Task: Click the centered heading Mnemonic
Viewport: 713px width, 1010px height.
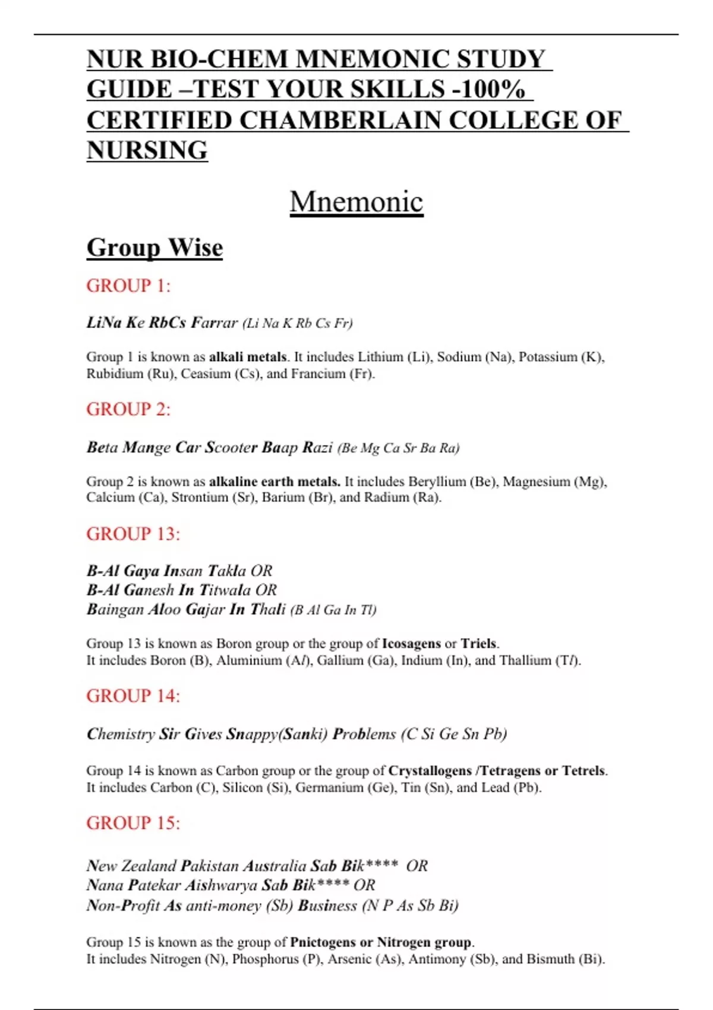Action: [x=356, y=202]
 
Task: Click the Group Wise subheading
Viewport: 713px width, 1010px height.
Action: [x=154, y=248]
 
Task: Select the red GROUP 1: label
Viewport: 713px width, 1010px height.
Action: [x=128, y=286]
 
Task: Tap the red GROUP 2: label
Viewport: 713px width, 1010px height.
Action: [x=128, y=409]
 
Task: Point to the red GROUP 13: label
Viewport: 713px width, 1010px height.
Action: [x=133, y=534]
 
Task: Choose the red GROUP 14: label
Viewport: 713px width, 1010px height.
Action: [x=133, y=696]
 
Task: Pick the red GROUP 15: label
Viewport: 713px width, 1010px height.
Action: [x=133, y=823]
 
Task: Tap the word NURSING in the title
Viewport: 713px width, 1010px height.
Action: [x=147, y=150]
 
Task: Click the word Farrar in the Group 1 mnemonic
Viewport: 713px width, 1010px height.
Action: [x=214, y=323]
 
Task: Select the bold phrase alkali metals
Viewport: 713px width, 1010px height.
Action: [x=248, y=357]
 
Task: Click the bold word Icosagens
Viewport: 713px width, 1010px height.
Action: [x=411, y=643]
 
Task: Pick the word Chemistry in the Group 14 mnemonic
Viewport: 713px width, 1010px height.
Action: [x=121, y=734]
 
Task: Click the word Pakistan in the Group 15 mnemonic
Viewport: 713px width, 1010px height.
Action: [x=210, y=866]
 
